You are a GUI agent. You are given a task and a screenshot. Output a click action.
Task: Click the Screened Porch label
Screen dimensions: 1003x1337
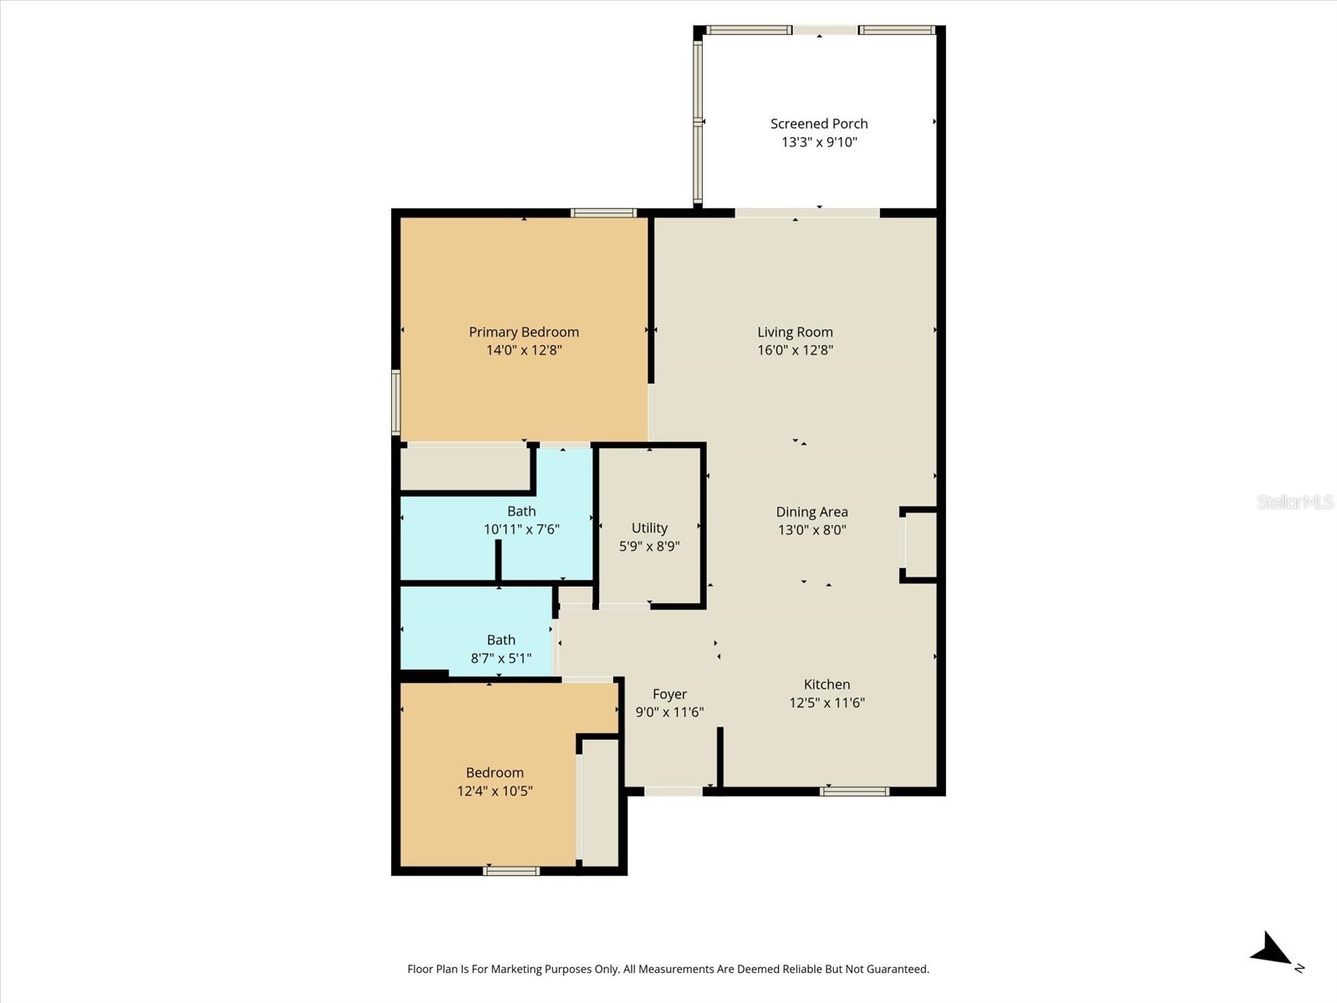[819, 124]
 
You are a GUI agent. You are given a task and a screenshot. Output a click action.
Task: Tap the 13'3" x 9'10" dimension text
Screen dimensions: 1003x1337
[819, 142]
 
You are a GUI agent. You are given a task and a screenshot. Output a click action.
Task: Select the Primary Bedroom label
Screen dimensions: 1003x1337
[524, 332]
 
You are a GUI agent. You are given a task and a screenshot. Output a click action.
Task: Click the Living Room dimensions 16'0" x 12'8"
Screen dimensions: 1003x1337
[795, 350]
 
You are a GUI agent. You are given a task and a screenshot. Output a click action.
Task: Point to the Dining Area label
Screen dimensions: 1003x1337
[811, 512]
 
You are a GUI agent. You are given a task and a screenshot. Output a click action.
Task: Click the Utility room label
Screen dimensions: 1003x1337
[649, 527]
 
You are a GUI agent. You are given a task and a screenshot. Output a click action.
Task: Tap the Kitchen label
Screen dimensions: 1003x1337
[826, 684]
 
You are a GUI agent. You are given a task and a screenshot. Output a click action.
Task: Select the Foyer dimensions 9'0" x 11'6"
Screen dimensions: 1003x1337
[669, 712]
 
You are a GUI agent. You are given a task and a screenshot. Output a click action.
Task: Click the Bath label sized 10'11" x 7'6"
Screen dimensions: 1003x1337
[521, 511]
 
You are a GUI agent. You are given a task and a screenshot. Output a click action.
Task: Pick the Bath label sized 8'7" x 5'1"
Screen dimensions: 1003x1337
[501, 639]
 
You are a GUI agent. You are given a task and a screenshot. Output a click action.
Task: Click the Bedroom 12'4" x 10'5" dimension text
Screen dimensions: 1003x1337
[495, 791]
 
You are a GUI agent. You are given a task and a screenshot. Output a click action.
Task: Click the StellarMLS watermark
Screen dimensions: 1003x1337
[1294, 501]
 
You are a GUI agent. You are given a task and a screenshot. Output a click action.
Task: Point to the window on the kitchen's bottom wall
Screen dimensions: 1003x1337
[854, 791]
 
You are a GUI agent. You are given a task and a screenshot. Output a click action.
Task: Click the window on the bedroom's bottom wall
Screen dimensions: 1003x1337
[511, 871]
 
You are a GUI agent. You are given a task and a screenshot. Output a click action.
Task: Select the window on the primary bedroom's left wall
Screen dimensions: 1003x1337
[396, 402]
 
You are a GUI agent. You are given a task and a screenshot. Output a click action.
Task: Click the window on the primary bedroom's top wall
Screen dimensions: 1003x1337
[603, 212]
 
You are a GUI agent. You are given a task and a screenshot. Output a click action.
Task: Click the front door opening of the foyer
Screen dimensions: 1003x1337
[674, 791]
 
